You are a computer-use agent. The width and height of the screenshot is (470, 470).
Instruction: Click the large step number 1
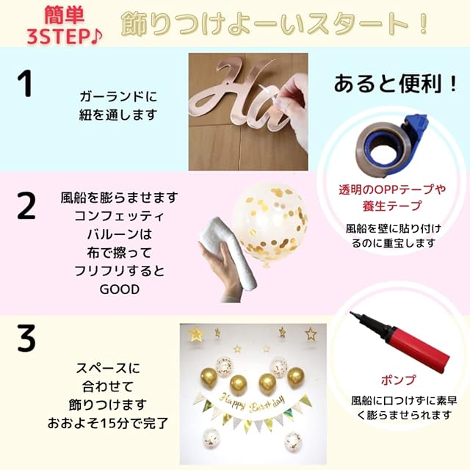click(x=25, y=83)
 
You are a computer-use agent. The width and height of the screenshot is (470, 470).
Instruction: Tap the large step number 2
click(x=26, y=206)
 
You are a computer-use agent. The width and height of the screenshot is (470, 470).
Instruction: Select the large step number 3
click(x=26, y=338)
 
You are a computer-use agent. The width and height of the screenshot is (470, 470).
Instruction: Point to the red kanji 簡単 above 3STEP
click(x=65, y=15)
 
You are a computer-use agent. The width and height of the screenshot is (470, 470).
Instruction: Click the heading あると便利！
click(x=395, y=84)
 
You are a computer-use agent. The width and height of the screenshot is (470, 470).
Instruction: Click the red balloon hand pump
click(x=400, y=341)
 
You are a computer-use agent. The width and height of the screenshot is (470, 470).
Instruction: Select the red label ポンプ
click(x=399, y=380)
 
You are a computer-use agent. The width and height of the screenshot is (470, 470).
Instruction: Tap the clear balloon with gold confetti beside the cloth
click(x=270, y=225)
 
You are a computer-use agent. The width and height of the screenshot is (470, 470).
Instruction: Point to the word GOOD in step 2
click(x=120, y=289)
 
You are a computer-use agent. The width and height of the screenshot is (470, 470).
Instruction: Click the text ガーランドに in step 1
click(x=118, y=97)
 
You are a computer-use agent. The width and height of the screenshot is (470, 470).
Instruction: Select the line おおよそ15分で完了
click(x=108, y=423)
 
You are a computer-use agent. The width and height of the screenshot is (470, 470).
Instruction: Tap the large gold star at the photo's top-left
click(x=196, y=333)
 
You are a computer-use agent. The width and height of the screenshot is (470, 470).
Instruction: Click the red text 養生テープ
click(x=392, y=206)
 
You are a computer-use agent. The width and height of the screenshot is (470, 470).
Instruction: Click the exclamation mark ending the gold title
click(x=423, y=24)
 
